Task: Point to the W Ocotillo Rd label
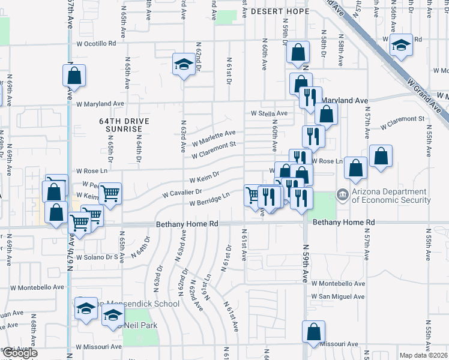pos(96,44)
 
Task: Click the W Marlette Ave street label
pos(214,138)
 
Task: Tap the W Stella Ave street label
pos(269,113)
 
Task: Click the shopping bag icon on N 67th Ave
pos(74,76)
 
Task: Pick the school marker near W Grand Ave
pos(400,45)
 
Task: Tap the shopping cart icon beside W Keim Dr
pos(110,193)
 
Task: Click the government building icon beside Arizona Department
pos(342,194)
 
